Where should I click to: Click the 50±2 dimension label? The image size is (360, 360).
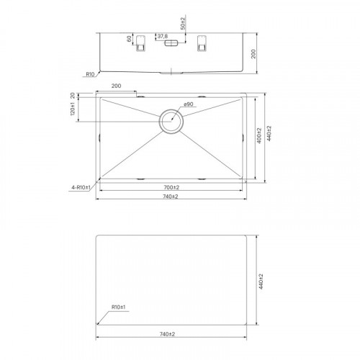pyautogui.click(x=183, y=24)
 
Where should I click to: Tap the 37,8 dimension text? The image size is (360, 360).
pyautogui.click(x=163, y=37)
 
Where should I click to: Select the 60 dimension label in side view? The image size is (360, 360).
pyautogui.click(x=130, y=39)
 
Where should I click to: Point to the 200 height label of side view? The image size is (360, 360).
pyautogui.click(x=253, y=54)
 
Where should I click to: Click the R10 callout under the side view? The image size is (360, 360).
pyautogui.click(x=90, y=74)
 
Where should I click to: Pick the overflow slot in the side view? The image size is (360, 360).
pyautogui.click(x=171, y=43)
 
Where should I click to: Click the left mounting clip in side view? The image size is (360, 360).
pyautogui.click(x=140, y=43)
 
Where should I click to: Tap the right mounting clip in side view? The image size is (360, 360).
pyautogui.click(x=202, y=43)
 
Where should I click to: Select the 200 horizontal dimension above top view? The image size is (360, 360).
pyautogui.click(x=116, y=86)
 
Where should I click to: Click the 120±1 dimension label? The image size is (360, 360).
pyautogui.click(x=73, y=109)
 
